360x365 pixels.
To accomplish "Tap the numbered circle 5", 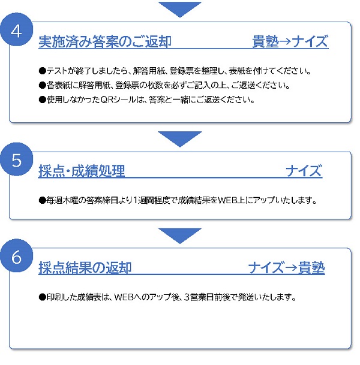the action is tap(16, 159).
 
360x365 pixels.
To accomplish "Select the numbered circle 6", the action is tap(16, 256).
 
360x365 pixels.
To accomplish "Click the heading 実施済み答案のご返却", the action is tap(105, 42).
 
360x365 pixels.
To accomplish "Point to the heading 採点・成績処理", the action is tap(82, 171).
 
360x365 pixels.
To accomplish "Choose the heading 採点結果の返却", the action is tap(85, 268).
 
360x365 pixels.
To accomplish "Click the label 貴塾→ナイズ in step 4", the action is tap(290, 41).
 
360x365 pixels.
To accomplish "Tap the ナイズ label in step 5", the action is tap(304, 171).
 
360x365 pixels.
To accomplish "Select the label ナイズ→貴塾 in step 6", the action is tap(286, 268).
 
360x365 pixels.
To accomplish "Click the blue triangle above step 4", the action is tap(179, 8).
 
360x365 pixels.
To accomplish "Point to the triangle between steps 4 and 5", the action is tap(179, 138).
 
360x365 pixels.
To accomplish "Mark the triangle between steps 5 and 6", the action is tap(179, 236).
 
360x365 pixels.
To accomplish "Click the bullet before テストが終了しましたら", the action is tap(43, 71).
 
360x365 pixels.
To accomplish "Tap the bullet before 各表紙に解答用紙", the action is tap(43, 86).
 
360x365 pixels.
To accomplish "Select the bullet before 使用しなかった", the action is tap(43, 100).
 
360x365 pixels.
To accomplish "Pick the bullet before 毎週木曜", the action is tap(43, 200).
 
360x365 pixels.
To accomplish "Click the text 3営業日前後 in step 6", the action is tap(208, 297).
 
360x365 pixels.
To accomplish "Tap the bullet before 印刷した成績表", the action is tap(43, 297).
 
